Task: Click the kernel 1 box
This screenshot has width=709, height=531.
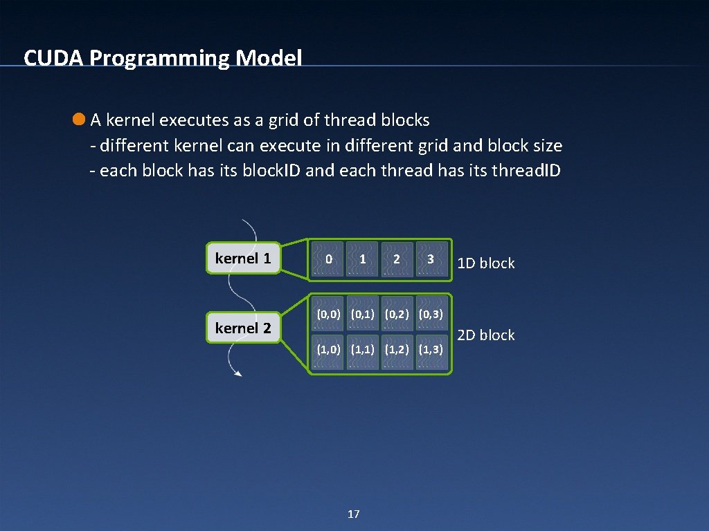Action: pos(244,259)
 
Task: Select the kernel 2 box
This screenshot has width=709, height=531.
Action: pos(244,328)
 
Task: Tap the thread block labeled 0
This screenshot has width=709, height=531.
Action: pos(328,259)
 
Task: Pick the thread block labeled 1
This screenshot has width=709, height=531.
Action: pos(362,259)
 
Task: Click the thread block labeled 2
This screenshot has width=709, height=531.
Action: pos(396,259)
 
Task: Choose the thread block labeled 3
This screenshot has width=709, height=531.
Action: pos(431,259)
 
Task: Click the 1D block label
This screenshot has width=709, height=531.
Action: pos(487,263)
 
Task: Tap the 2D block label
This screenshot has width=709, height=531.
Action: pos(487,335)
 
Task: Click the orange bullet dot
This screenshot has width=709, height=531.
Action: pos(79,120)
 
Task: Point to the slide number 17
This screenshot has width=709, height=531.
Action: pos(353,514)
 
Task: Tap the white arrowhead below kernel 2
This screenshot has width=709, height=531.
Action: pos(238,374)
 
